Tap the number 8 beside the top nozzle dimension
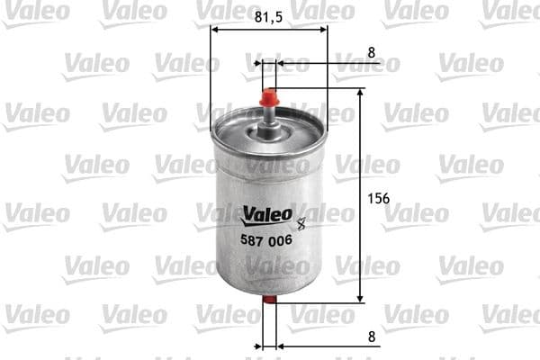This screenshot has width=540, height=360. click(x=371, y=52)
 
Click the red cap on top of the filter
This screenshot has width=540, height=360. click(x=268, y=94)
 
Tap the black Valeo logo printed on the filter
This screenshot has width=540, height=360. click(x=267, y=213)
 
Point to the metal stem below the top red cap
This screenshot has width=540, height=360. click(x=268, y=117)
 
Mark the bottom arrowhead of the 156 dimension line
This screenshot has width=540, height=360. click(x=360, y=298)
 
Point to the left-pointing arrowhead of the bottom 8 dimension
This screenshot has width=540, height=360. click(x=281, y=345)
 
